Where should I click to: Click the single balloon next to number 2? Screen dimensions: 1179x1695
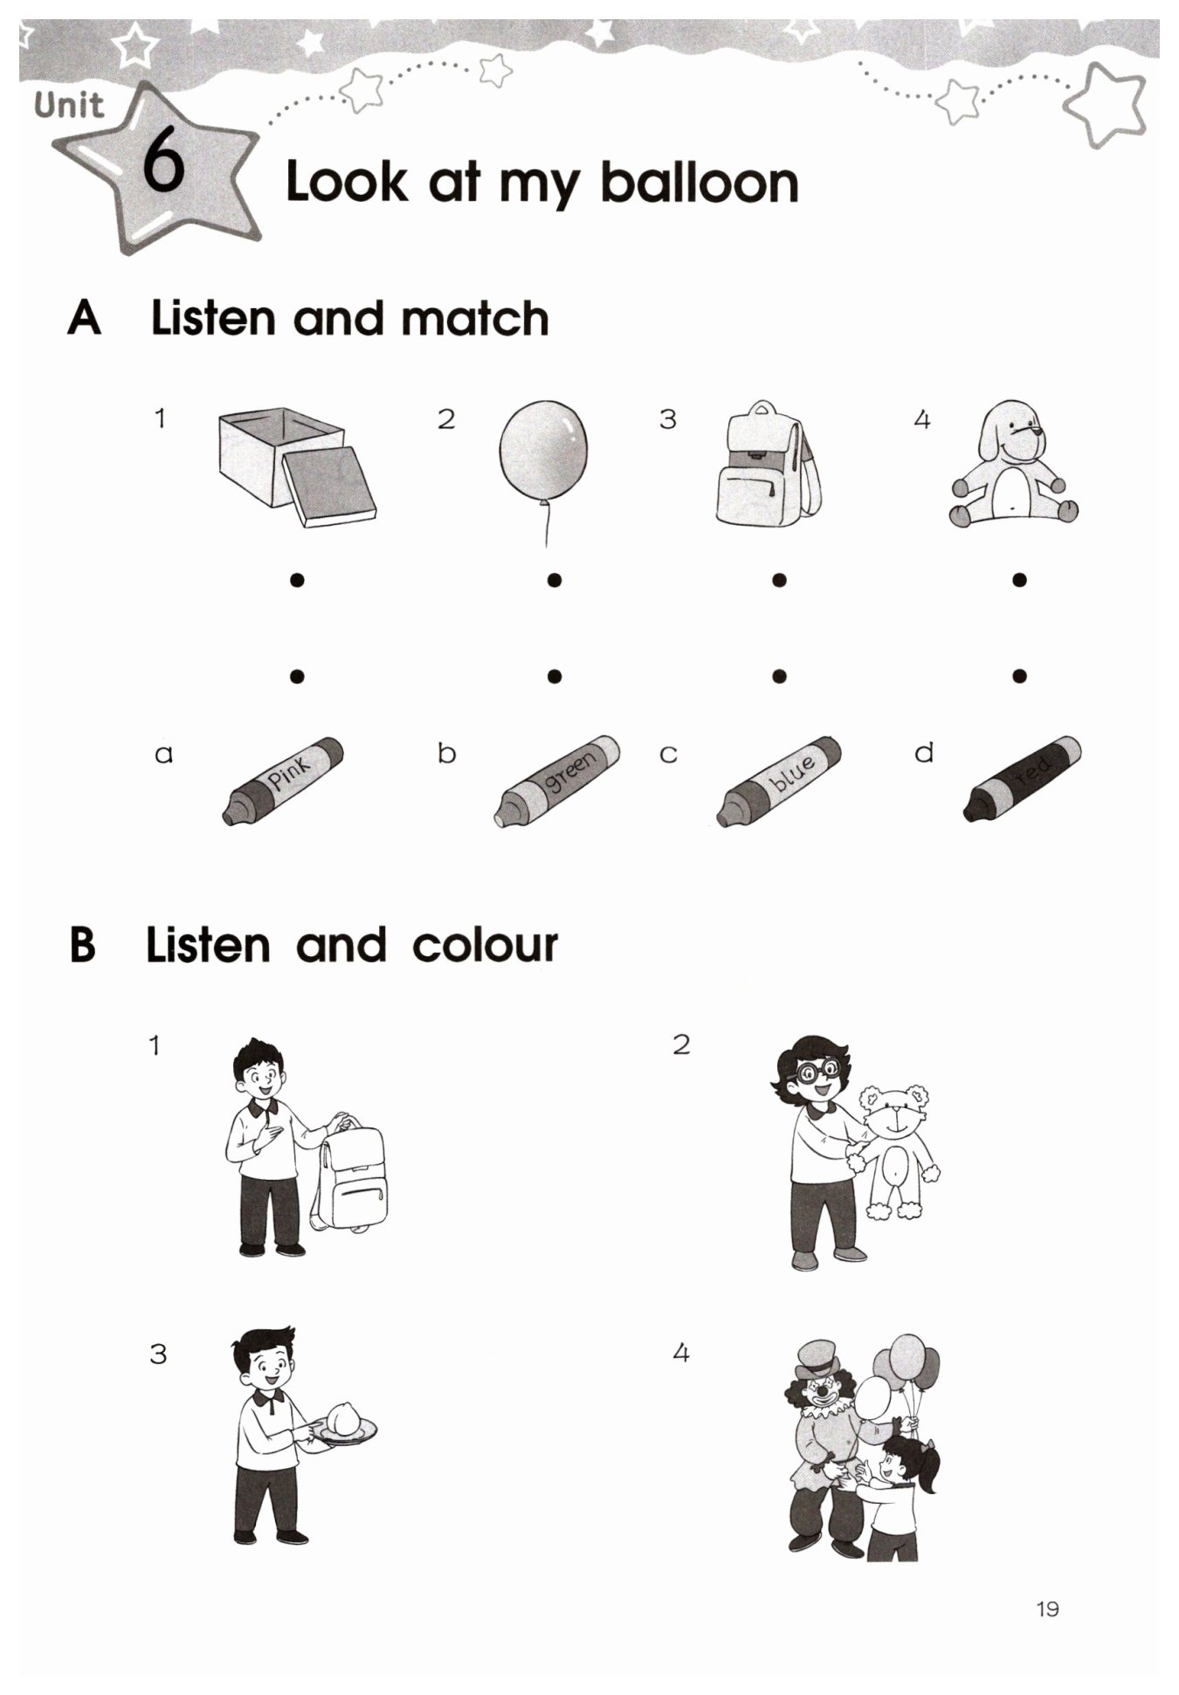[543, 472]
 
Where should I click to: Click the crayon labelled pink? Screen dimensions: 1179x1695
[282, 781]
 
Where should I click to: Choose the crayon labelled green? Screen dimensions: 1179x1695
[557, 781]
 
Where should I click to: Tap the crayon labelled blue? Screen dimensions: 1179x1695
[779, 781]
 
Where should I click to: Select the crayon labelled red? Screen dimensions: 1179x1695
[1022, 779]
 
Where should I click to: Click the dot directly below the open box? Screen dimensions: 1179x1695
[297, 579]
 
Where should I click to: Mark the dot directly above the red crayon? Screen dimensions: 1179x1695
[1019, 675]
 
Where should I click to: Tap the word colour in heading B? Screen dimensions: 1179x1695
[485, 946]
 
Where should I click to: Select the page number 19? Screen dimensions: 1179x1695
[1047, 1608]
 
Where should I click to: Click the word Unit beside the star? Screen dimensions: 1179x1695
[69, 106]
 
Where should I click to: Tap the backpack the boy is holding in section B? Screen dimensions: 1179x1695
[351, 1175]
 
